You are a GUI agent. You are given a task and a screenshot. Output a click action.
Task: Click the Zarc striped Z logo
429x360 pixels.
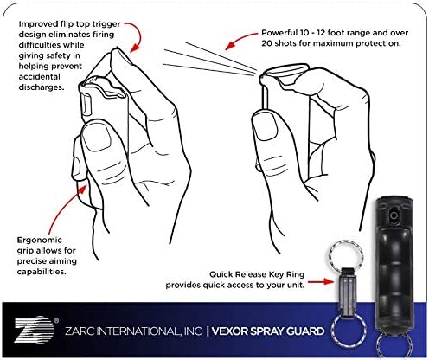coord(34,330)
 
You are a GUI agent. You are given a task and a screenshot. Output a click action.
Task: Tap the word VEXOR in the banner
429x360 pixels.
coord(229,331)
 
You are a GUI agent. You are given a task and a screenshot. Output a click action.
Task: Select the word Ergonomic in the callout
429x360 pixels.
coord(40,241)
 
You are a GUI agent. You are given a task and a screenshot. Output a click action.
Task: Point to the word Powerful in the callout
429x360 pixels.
coord(279,33)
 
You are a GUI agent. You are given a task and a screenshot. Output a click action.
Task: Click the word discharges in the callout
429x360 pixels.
coord(42,87)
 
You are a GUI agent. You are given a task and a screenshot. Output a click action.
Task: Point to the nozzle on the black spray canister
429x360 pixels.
coord(394,215)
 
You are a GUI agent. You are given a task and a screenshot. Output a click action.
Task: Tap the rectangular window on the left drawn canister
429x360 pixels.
coord(87,105)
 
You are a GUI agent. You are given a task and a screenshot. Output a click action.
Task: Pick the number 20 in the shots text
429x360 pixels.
coord(266,43)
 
